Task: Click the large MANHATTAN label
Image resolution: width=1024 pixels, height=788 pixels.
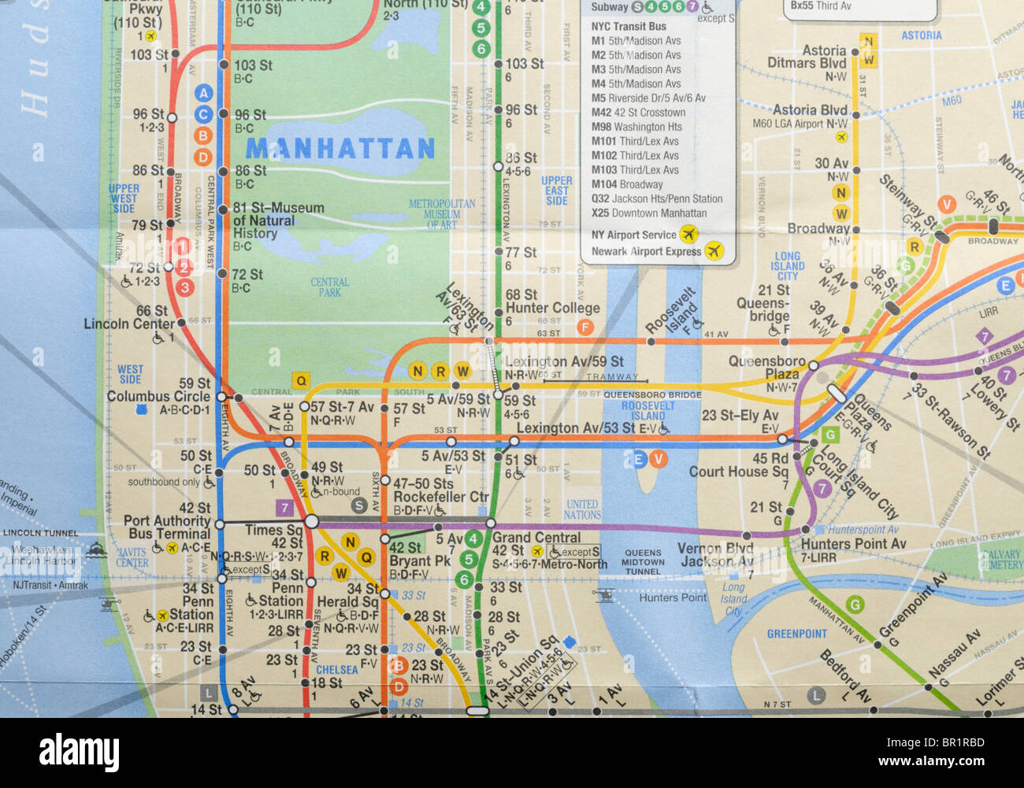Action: [339, 148]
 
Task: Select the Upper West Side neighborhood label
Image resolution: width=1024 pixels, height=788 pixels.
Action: [124, 198]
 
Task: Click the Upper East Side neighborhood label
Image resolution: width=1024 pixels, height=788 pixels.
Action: [556, 191]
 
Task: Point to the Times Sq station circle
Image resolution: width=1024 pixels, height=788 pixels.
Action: [311, 521]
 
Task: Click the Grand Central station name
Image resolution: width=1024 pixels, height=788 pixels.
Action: [536, 538]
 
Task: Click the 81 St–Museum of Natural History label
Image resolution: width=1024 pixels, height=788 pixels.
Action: [278, 220]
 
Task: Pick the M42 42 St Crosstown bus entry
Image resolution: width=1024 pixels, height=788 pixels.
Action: [638, 113]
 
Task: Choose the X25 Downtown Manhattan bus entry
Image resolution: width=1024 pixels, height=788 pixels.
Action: [648, 213]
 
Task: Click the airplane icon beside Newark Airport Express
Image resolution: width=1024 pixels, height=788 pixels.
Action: [714, 251]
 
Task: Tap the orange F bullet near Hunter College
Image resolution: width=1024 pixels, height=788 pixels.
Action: [584, 327]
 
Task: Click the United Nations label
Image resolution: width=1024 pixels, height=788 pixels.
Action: [582, 509]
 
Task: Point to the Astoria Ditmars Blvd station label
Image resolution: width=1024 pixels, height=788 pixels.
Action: [807, 57]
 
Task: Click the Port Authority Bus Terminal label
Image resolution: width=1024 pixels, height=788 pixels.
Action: [168, 527]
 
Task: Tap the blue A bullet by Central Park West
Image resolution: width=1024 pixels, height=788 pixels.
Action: [204, 93]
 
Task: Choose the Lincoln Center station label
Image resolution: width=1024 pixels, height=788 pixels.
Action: [129, 324]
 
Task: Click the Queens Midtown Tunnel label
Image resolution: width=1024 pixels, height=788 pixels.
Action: [643, 562]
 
